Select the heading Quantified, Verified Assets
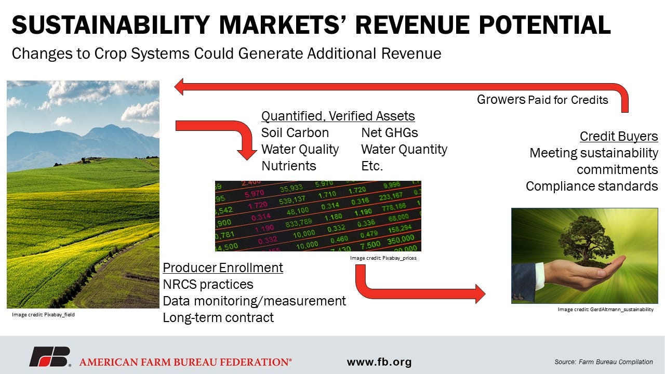click(x=338, y=116)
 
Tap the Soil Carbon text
click(x=295, y=132)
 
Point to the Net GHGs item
click(x=389, y=132)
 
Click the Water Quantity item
click(x=404, y=150)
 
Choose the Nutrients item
click(x=288, y=166)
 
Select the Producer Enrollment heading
click(x=223, y=268)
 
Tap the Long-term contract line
click(x=218, y=317)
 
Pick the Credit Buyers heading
click(x=619, y=137)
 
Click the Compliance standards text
click(x=592, y=186)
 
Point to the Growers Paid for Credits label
click(x=542, y=99)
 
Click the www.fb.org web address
click(x=379, y=362)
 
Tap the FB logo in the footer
click(x=49, y=357)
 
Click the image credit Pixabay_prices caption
click(x=383, y=258)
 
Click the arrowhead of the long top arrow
click(x=180, y=87)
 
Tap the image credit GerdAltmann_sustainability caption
click(x=605, y=310)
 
